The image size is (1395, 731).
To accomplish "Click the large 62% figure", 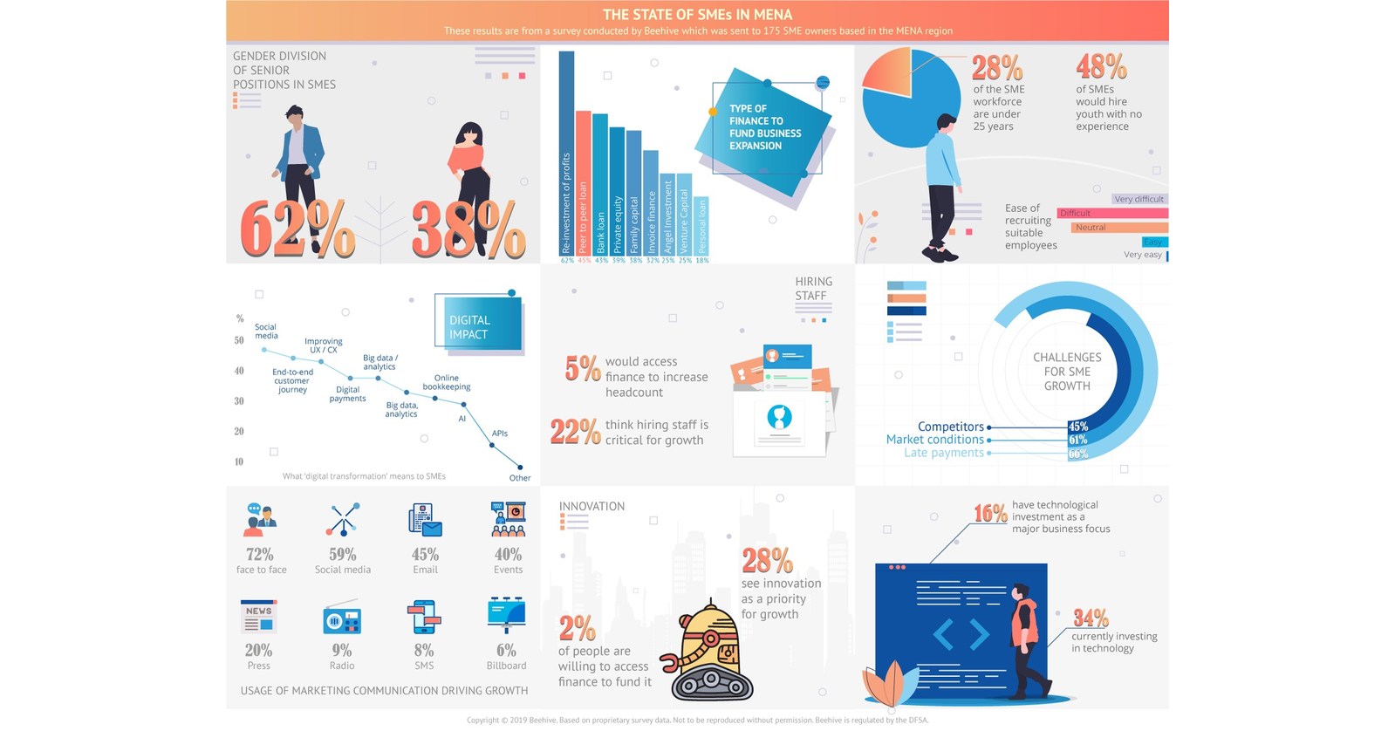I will point(296,229).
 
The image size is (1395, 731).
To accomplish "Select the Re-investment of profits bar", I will point(566,153).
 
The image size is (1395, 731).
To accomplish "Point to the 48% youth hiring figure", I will point(1101,66).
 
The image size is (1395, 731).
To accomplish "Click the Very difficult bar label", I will point(1139,199).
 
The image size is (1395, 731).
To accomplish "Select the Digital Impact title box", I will point(478,325).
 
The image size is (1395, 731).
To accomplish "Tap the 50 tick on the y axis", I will point(239,340).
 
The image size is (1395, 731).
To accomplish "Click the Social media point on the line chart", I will point(264,350).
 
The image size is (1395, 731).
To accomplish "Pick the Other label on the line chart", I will point(520,477).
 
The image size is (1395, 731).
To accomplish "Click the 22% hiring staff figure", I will point(575,432).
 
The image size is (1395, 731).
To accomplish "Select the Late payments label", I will point(943,453).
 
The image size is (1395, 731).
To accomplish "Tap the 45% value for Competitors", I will point(1078,427).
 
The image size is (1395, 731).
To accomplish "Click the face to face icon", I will point(260,520).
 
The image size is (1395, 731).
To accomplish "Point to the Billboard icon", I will point(506,615).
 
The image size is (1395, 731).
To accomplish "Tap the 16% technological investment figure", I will point(990,513).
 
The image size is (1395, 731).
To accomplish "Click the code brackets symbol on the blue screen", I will point(961,634).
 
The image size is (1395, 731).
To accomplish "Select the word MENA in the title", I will point(773,14).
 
